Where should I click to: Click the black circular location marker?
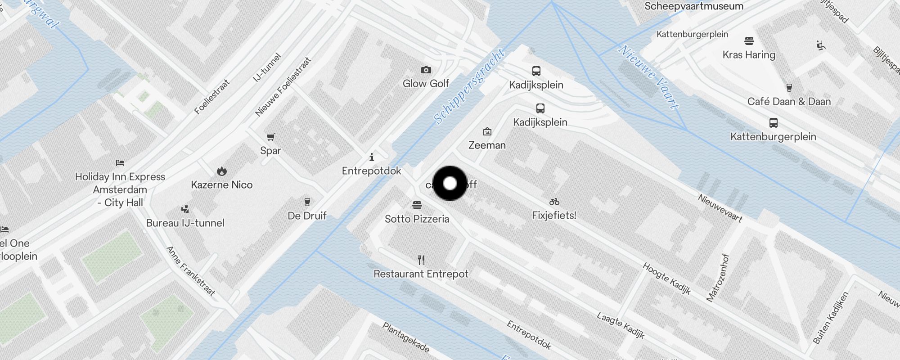click(x=450, y=183)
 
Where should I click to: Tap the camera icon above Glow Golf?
click(x=426, y=70)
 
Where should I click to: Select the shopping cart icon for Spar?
click(x=270, y=137)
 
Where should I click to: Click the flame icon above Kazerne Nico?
click(x=221, y=171)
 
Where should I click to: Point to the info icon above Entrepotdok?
click(x=372, y=157)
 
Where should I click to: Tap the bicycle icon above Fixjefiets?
click(x=554, y=202)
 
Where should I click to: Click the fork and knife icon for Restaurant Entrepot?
click(x=421, y=260)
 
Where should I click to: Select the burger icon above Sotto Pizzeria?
click(x=417, y=205)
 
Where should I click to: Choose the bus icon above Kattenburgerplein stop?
click(x=773, y=122)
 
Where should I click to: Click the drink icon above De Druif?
click(x=307, y=202)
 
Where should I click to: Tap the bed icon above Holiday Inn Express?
click(x=120, y=163)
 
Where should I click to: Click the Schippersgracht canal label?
click(x=469, y=86)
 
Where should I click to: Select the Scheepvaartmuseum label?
click(x=694, y=6)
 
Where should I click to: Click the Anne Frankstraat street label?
click(x=191, y=270)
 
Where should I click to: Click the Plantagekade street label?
click(x=406, y=337)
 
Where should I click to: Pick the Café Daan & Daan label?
click(x=789, y=102)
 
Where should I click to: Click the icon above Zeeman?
click(x=487, y=131)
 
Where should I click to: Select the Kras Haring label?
click(x=749, y=55)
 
